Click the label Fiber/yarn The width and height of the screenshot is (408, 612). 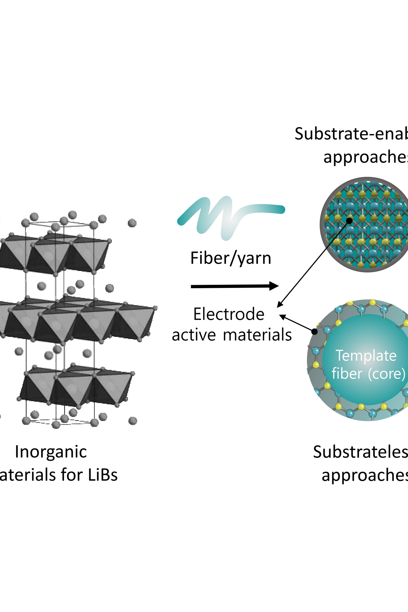pos(231,258)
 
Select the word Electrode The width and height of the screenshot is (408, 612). pos(229,314)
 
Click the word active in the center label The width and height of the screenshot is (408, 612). pos(194,335)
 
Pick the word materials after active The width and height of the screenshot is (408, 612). pos(257,335)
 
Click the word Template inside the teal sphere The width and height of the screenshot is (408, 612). pos(366,356)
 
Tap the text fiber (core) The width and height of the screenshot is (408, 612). pos(368,374)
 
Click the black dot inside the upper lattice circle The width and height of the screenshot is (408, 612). pos(349,221)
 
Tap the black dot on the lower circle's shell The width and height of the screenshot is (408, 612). pos(314,331)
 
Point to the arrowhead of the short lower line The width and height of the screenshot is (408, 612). pos(282,316)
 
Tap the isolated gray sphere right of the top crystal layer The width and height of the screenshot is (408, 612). pos(132,223)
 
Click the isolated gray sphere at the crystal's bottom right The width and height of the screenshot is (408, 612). pos(133,421)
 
